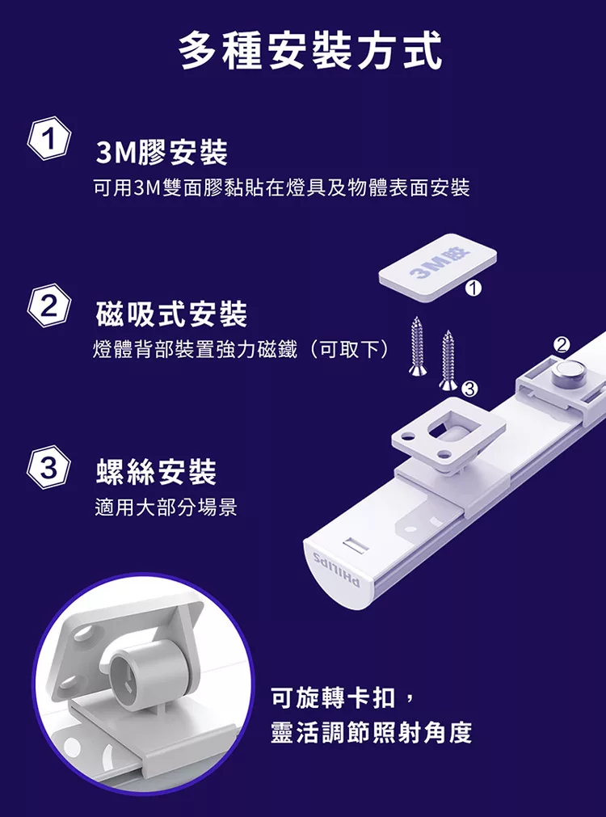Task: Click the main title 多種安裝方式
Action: coord(310,49)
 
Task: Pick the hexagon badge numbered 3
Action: coord(49,468)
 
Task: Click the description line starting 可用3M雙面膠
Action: coord(281,189)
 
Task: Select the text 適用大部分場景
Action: coord(166,508)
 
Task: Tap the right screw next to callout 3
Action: coord(447,358)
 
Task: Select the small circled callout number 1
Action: coord(474,287)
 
